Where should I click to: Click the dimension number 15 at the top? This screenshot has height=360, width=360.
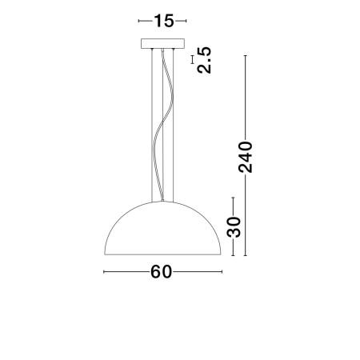tap(163, 21)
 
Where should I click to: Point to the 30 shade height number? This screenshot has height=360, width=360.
tap(233, 227)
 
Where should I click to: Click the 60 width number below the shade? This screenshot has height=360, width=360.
tap(162, 271)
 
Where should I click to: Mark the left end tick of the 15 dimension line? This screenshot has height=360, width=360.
tap(139, 21)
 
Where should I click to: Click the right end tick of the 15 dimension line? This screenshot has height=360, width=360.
tap(187, 21)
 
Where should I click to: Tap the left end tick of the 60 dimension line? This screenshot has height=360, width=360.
tap(105, 272)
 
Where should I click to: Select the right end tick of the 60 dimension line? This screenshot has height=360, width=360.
tap(222, 272)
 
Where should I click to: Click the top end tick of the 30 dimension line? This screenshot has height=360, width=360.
tap(233, 198)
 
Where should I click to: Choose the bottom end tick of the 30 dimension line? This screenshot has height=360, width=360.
tap(233, 255)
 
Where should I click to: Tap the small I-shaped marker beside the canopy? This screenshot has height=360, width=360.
tap(192, 58)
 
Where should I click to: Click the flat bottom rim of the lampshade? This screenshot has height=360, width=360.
tap(162, 255)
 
